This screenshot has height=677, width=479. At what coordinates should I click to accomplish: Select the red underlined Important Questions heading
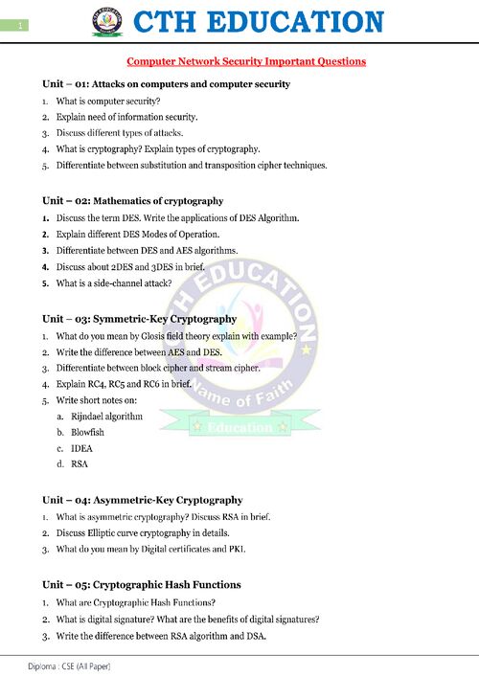coord(246,61)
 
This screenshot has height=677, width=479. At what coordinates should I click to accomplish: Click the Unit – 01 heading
coord(166,84)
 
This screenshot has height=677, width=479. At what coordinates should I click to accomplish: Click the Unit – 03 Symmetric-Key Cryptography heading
coord(139,318)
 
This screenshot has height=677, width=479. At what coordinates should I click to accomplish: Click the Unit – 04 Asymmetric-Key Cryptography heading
coord(142,500)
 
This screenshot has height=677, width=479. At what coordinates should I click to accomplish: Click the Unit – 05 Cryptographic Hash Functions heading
coord(141,584)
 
